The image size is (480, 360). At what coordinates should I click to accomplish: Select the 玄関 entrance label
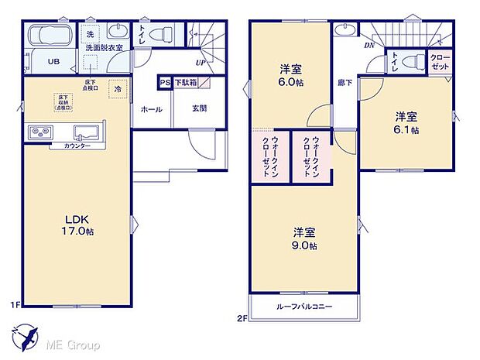199,109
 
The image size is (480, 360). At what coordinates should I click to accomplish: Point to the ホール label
151,109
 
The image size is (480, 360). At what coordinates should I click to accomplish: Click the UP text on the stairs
201,63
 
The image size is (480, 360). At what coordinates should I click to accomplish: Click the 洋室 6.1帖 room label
407,123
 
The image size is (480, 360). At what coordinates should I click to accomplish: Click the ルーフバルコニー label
304,307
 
